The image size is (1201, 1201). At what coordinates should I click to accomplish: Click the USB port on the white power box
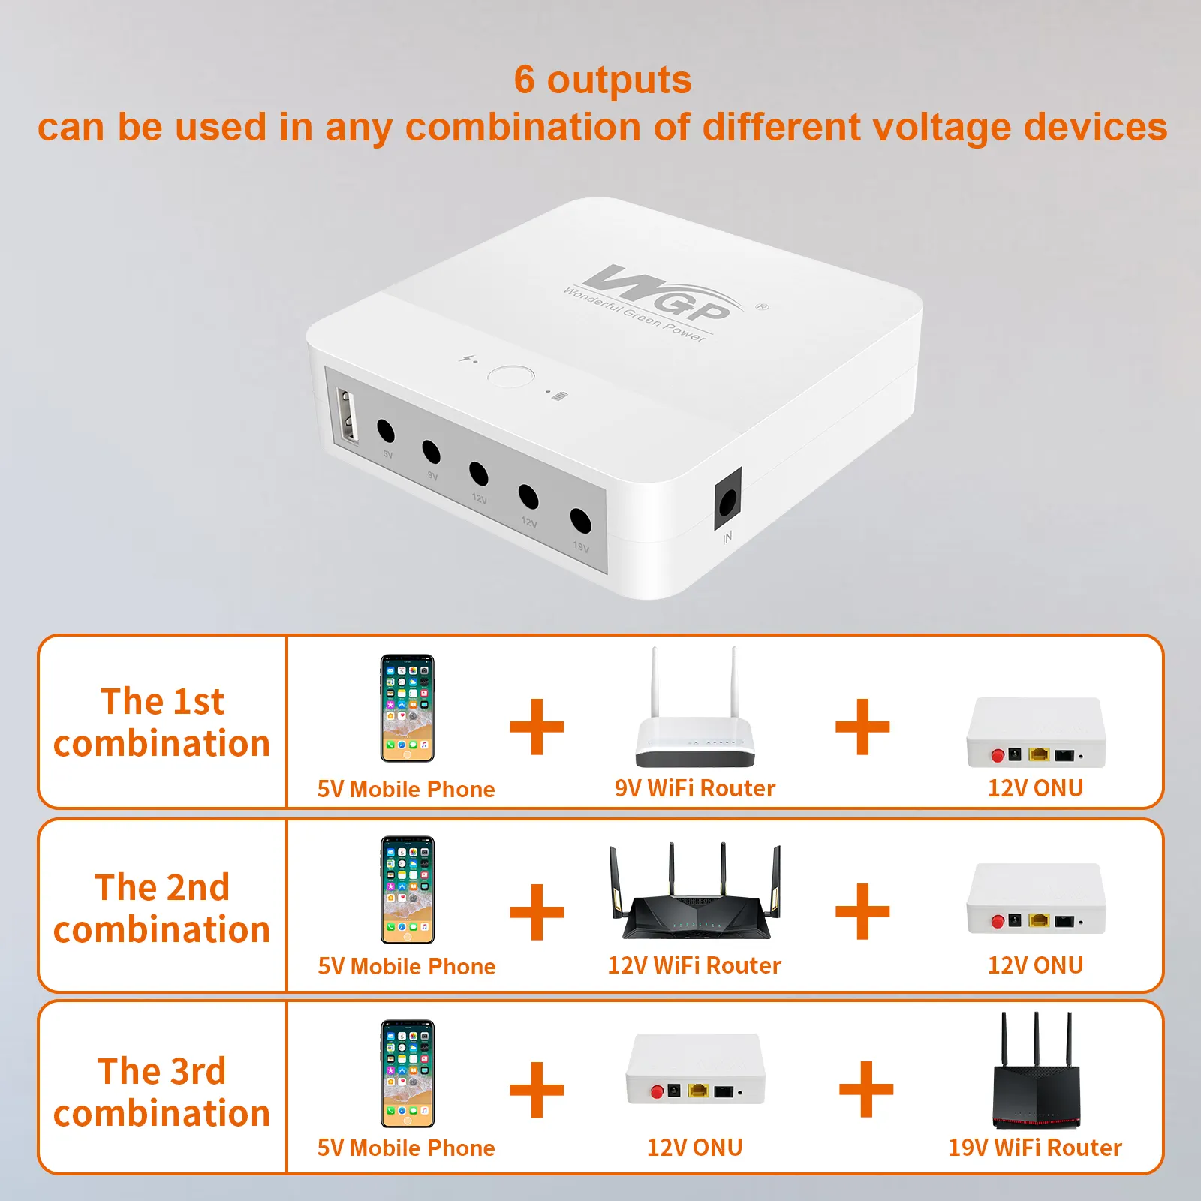pos(348,417)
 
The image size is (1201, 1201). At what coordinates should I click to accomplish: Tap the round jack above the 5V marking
pos(385,431)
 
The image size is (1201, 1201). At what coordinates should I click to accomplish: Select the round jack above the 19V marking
pos(580,520)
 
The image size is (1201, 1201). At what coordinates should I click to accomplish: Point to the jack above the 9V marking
pos(431,452)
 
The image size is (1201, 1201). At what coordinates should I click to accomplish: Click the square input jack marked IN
pos(727,499)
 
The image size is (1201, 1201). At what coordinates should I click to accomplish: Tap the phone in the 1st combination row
pos(407,708)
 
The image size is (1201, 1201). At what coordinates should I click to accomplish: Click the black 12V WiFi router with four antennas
pos(695,891)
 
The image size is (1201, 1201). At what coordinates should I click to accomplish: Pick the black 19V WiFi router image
pos(1036,1070)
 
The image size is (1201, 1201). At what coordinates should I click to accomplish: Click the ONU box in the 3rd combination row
pos(695,1069)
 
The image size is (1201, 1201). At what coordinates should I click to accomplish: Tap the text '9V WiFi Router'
pos(695,788)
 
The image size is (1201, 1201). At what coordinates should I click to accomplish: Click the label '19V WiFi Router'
pos(1035,1148)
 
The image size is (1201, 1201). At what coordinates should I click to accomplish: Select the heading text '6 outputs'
pos(603,80)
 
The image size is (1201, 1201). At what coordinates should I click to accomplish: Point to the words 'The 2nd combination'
pos(162,908)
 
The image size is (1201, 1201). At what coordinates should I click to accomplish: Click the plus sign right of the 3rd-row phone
pos(537,1089)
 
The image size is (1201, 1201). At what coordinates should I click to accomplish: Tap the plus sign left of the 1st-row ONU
pos(862,727)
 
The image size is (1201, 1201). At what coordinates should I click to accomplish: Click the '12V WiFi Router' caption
pos(694,965)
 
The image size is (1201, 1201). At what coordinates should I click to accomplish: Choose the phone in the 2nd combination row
pos(408,890)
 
